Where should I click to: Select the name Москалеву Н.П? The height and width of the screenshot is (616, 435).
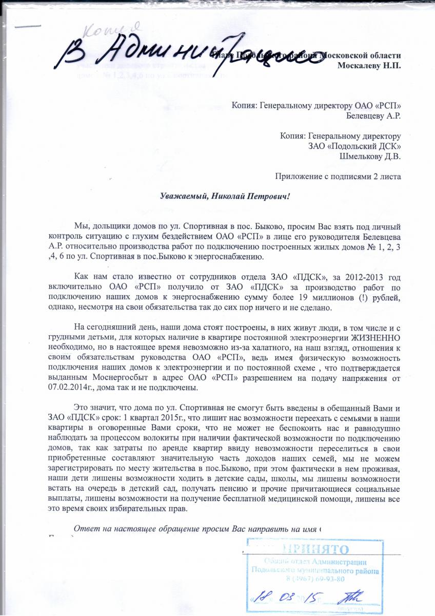click(370, 65)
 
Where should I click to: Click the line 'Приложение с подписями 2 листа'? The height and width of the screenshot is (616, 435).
click(338, 177)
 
